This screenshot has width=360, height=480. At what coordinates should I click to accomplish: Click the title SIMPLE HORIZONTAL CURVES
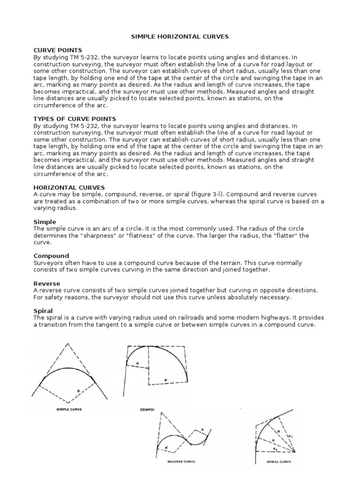coord(180,36)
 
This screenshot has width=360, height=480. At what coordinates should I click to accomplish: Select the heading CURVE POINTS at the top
coord(58,50)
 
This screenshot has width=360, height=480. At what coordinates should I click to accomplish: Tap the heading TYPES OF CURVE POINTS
coord(75,119)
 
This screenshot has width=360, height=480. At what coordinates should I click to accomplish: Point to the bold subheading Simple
coord(45,221)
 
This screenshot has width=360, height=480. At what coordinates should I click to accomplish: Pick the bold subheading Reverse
coord(47,284)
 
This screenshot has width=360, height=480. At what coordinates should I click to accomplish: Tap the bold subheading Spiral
coord(43,311)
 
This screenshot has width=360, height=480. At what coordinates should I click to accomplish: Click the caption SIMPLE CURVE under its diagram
coord(66,409)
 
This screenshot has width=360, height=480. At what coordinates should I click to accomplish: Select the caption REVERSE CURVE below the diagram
coord(181,462)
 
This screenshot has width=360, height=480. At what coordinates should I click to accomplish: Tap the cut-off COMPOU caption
coord(147,409)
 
